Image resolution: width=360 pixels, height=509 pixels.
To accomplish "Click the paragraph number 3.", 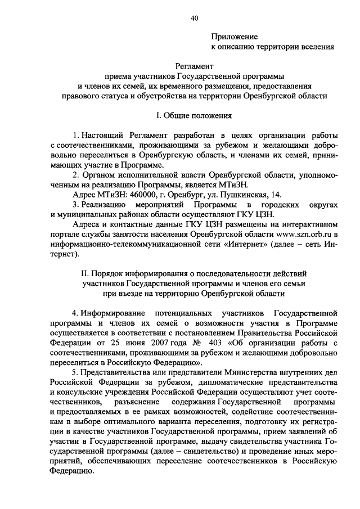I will click(x=75, y=204).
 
